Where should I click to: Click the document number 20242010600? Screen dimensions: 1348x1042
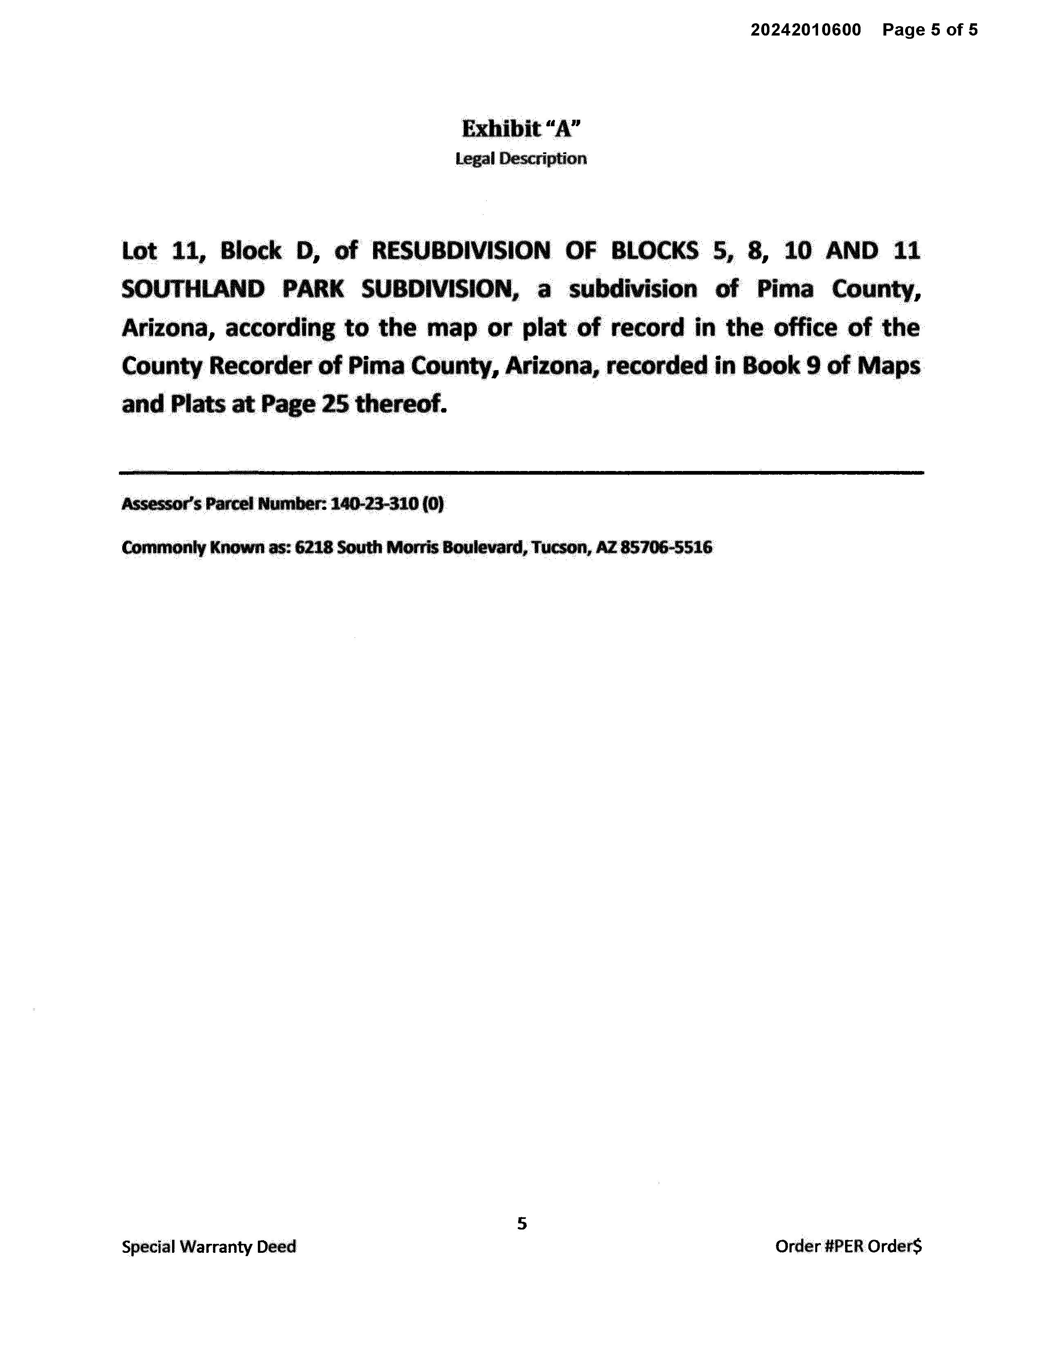805,30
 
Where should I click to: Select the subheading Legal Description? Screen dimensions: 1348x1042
521,158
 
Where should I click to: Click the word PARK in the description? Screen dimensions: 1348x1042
313,289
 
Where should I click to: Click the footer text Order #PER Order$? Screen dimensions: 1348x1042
848,1246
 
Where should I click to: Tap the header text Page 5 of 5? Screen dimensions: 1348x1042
930,30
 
